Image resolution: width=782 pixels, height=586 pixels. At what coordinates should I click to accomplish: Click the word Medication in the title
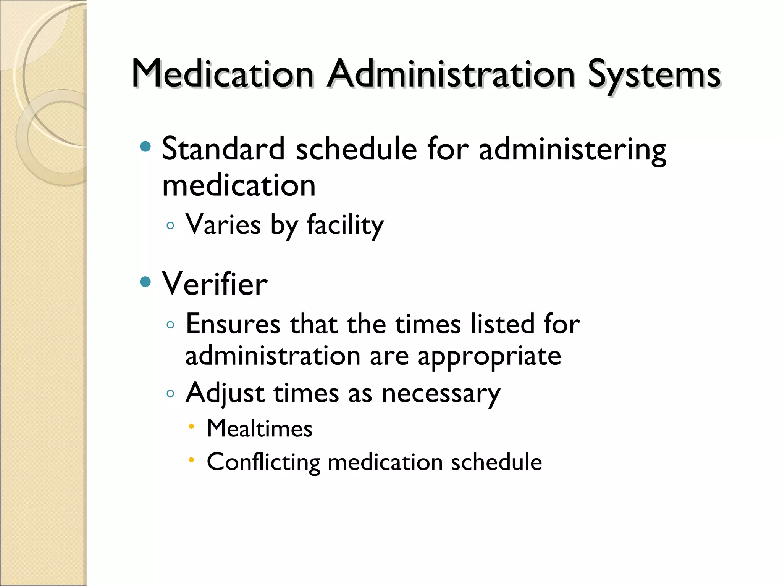click(x=223, y=74)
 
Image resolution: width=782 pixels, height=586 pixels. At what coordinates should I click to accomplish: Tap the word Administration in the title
click(x=451, y=74)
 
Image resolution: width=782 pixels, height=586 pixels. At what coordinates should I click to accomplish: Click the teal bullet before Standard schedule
click(x=145, y=146)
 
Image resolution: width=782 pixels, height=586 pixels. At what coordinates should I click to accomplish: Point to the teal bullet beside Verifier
click(x=145, y=282)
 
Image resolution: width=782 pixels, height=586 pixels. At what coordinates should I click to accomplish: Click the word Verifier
click(x=215, y=284)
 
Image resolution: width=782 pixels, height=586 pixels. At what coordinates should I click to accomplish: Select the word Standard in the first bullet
click(x=223, y=148)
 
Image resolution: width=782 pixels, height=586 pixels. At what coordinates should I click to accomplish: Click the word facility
click(x=345, y=225)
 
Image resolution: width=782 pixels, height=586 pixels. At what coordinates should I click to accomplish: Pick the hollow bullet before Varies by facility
click(x=170, y=225)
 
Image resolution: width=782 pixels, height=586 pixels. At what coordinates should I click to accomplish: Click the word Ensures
click(x=233, y=324)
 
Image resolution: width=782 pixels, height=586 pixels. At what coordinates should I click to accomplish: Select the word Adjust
click(x=225, y=393)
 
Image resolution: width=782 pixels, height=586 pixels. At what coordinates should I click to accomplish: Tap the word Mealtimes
click(x=260, y=428)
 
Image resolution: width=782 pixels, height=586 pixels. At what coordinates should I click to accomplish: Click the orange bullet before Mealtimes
click(x=192, y=426)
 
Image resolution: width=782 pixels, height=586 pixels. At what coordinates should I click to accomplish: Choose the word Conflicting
click(x=263, y=462)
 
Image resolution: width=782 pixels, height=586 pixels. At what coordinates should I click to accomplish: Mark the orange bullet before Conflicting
click(x=192, y=460)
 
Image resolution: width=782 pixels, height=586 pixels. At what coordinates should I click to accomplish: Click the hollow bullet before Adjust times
click(x=170, y=393)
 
